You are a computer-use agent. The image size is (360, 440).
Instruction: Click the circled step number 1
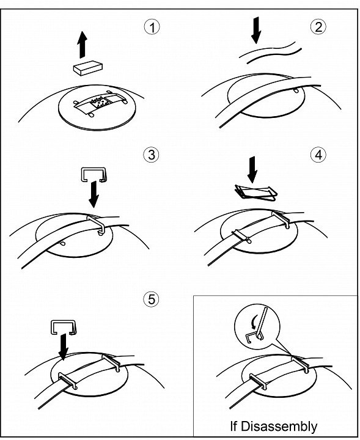(x=152, y=27)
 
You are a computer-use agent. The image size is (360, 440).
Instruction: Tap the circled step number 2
(x=318, y=27)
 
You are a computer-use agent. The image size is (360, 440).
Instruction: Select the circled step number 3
(x=151, y=155)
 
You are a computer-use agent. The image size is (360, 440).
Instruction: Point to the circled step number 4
(x=318, y=154)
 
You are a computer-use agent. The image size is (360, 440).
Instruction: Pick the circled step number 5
(x=151, y=299)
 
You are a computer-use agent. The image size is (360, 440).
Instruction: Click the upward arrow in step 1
(x=83, y=45)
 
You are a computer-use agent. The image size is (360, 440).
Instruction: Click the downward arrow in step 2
(x=256, y=30)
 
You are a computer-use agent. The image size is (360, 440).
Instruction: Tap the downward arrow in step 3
(x=94, y=194)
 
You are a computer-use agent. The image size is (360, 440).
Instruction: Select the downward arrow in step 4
(x=252, y=170)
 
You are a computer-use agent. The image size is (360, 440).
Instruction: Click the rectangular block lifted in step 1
(x=88, y=68)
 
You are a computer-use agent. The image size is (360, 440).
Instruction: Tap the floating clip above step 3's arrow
(x=94, y=175)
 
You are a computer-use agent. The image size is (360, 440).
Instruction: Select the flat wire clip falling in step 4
(x=256, y=193)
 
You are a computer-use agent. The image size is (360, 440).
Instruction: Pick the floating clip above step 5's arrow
(x=64, y=327)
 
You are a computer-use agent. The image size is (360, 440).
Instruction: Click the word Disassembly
(x=279, y=426)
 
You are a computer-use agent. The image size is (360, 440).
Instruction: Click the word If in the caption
(x=233, y=426)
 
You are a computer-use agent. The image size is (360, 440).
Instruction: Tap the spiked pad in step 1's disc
(x=100, y=103)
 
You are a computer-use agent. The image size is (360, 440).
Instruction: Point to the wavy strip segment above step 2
(x=270, y=53)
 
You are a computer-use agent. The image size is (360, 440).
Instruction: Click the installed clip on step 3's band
(x=97, y=224)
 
